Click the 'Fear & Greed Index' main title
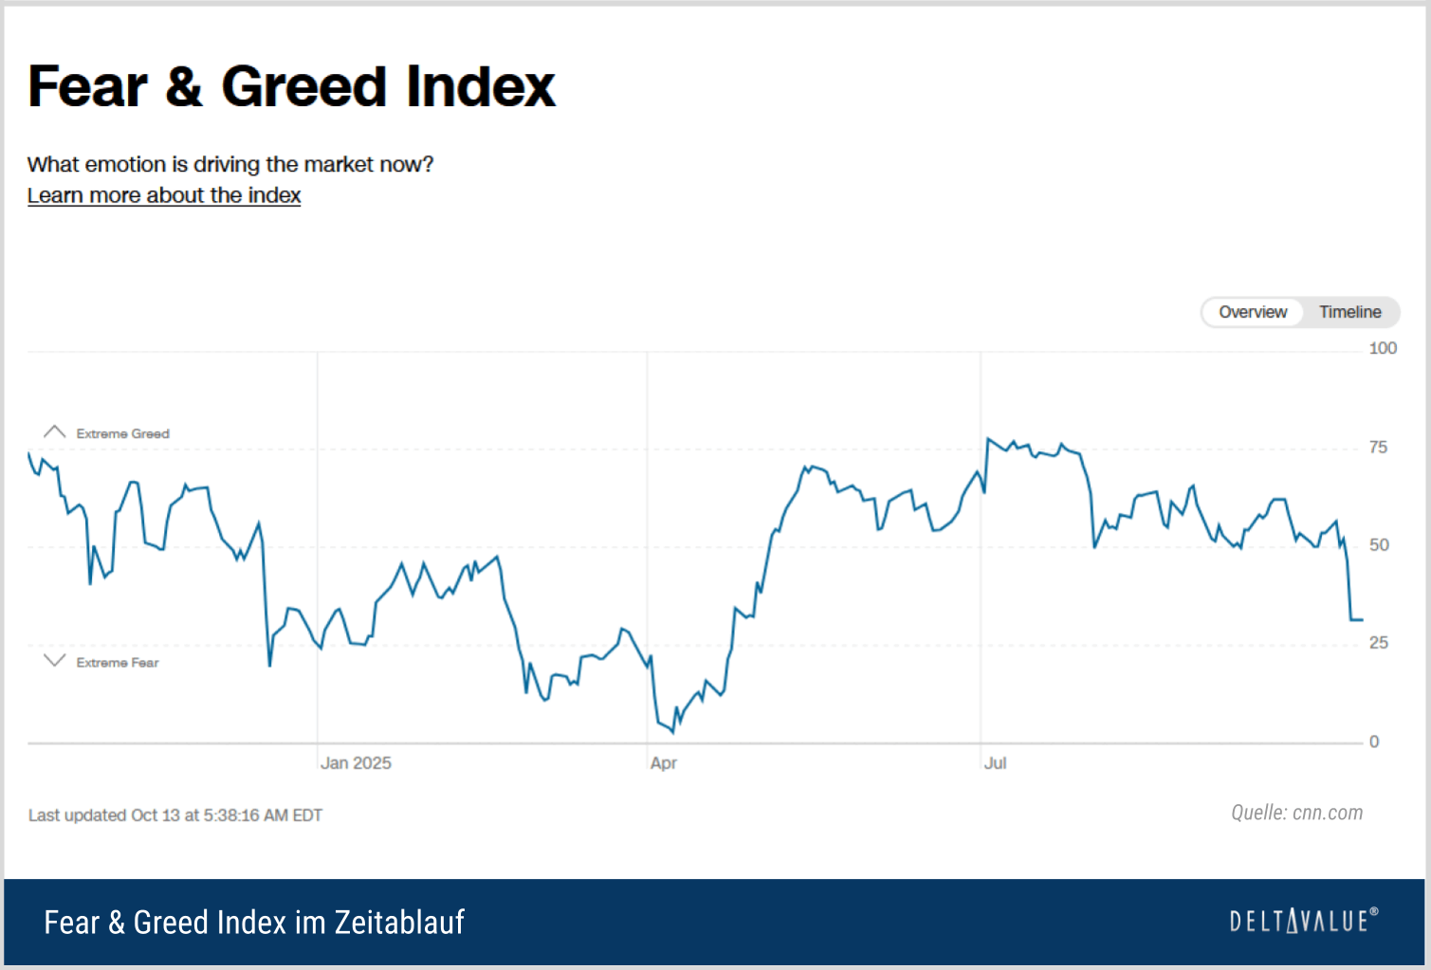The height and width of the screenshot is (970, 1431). tap(291, 86)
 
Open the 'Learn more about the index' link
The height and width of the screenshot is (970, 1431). tap(164, 195)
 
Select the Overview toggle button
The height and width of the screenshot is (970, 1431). tap(1252, 312)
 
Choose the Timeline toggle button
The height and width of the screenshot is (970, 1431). tap(1349, 312)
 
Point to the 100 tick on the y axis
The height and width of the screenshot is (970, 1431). tap(1383, 348)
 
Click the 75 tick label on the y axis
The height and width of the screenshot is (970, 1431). tap(1378, 447)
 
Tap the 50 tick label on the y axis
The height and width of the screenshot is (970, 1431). tap(1379, 545)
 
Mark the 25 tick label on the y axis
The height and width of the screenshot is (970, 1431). tap(1378, 643)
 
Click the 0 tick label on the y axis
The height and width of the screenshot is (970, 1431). tap(1374, 741)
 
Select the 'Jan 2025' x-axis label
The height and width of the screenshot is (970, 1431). tap(356, 763)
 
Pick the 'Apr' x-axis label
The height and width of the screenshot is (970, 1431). tap(664, 763)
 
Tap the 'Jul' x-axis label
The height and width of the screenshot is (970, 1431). tap(995, 763)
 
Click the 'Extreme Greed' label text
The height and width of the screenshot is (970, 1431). tap(122, 433)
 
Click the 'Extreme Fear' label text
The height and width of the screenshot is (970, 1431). tap(118, 663)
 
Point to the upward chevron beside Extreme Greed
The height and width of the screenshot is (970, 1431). tap(55, 431)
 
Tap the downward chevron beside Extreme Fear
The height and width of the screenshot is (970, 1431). tap(55, 661)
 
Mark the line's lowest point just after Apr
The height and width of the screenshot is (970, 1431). tap(673, 732)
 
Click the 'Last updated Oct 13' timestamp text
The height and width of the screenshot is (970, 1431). tap(175, 815)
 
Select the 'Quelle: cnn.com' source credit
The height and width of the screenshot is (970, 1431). tap(1296, 813)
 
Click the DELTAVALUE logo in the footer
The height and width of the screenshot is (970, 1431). tap(1303, 921)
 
